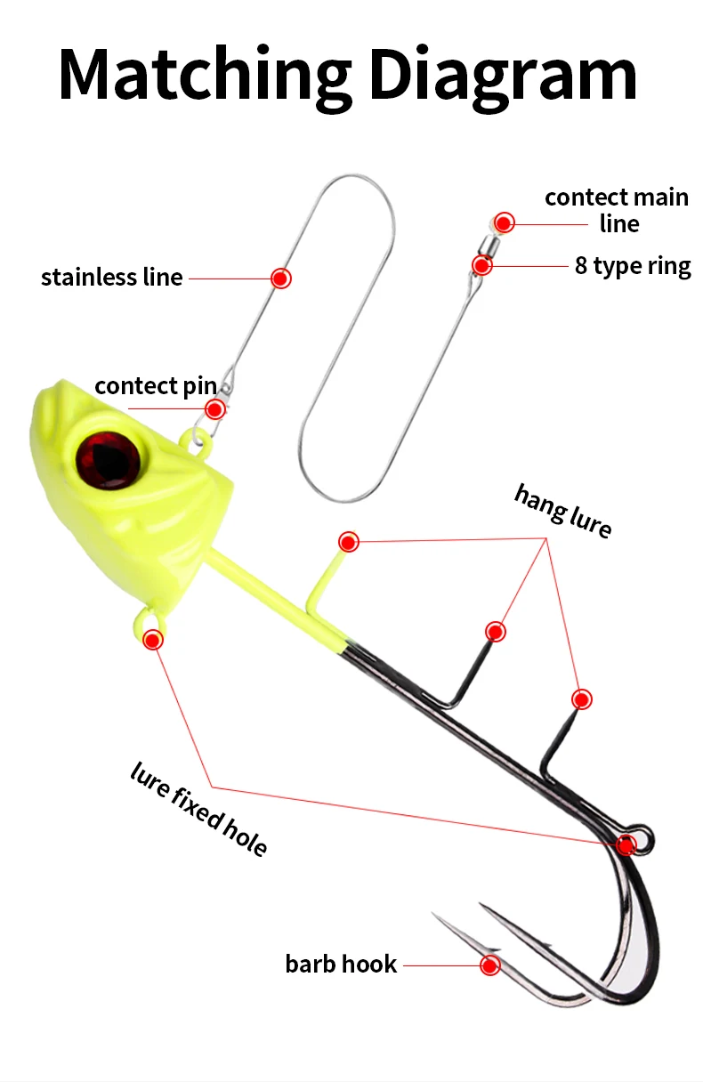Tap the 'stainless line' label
pos(112,278)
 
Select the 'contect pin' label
pos(156,386)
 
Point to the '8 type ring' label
pos(633,266)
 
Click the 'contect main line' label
pos(617,210)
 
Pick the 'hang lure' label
pos(563,511)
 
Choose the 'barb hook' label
pos(341,964)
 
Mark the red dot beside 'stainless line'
pos(281,278)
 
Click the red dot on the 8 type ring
pos(481,264)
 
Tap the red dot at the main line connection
pos(505,222)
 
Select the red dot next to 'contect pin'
pos(214,409)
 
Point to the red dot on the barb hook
pos(489,965)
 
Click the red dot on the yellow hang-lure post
pos(349,541)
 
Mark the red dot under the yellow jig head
pos(153,639)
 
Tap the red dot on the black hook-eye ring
pos(627,844)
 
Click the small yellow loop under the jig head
pos(148,620)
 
